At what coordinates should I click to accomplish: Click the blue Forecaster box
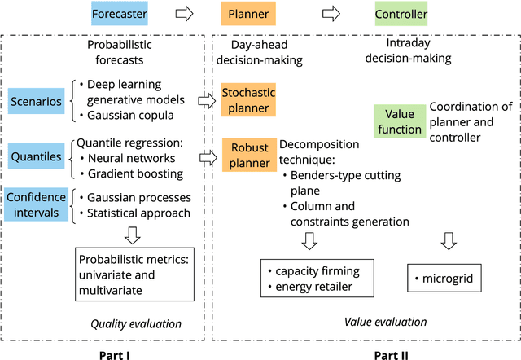coord(120,14)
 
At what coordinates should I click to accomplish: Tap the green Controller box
coord(401,14)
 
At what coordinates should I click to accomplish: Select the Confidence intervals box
coord(36,204)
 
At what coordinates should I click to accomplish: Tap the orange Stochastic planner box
coord(249,99)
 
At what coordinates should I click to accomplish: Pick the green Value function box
coord(400,121)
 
